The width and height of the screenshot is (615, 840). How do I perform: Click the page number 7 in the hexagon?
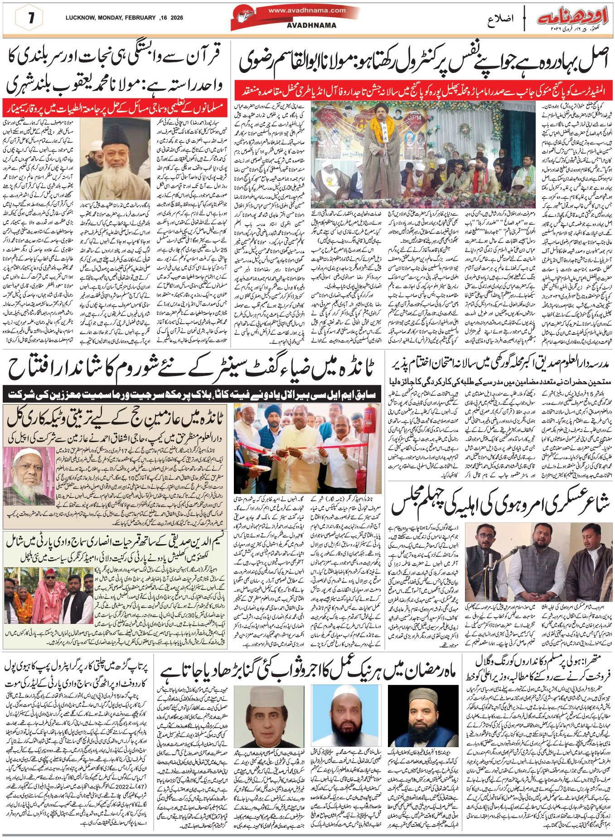[31, 19]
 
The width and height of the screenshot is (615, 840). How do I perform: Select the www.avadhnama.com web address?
[307, 10]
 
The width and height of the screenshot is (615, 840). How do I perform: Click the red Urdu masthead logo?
[573, 19]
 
